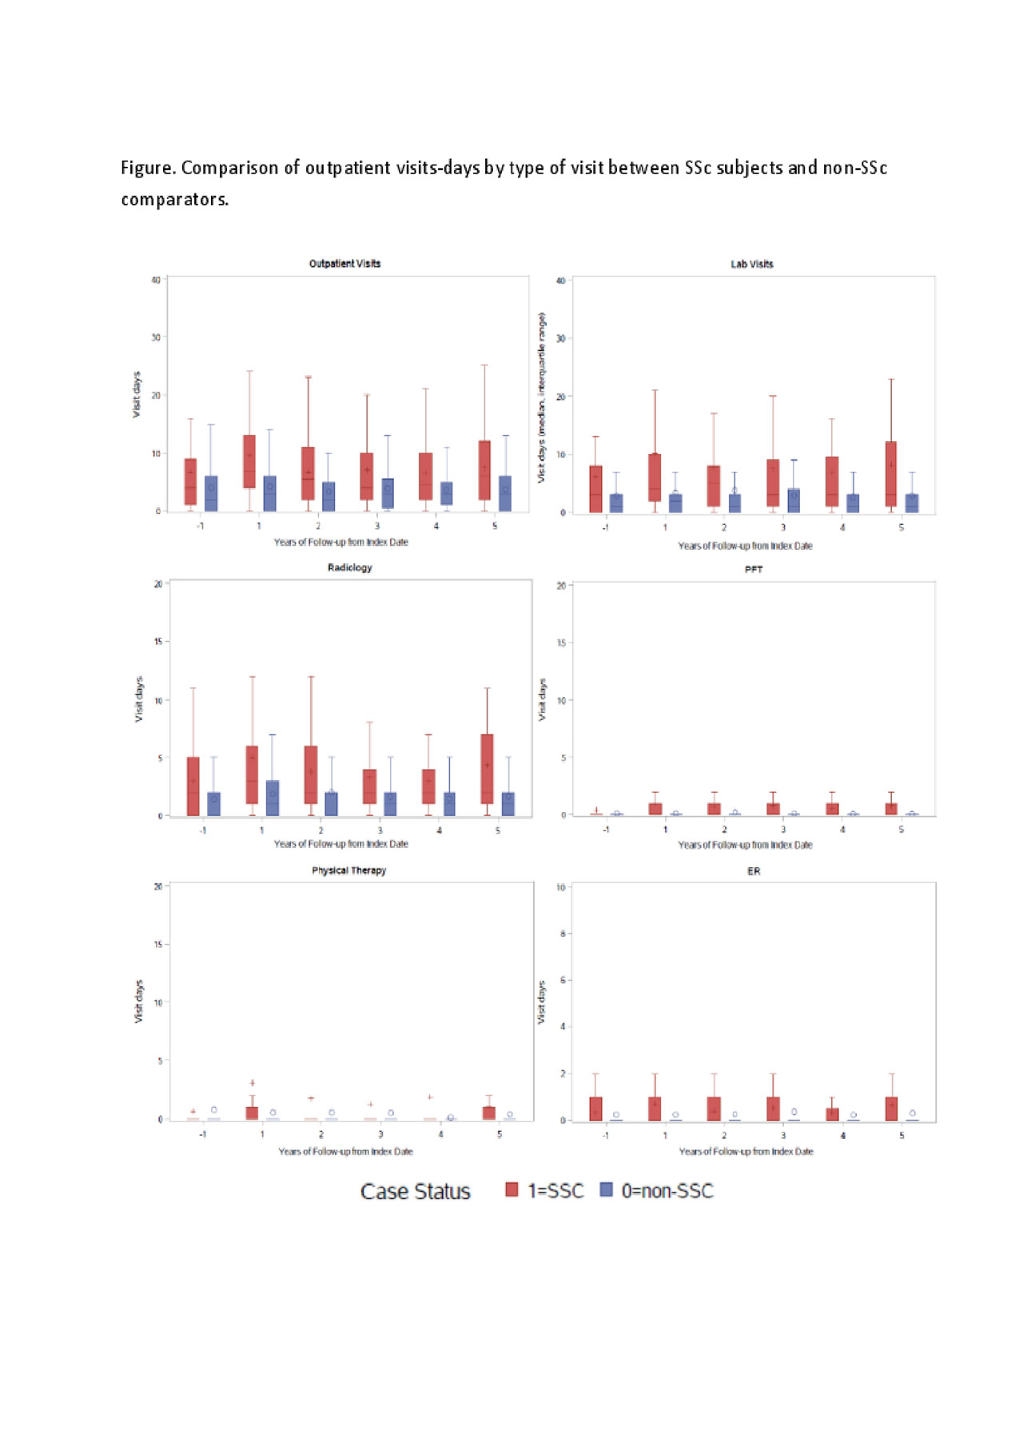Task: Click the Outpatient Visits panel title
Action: click(344, 264)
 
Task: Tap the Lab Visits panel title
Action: click(751, 264)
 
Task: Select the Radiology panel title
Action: click(349, 567)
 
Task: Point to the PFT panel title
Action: click(753, 570)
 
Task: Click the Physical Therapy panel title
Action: click(348, 870)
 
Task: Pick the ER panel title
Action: click(753, 871)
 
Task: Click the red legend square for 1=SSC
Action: click(511, 1190)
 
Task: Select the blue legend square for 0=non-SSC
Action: click(606, 1190)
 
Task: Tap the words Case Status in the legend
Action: click(415, 1192)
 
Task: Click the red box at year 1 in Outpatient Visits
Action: click(249, 461)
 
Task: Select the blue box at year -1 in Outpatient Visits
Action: click(211, 493)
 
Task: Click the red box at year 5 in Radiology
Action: click(487, 769)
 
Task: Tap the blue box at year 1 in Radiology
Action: click(273, 798)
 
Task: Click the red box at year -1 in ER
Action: click(595, 1109)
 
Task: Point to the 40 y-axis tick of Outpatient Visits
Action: click(156, 280)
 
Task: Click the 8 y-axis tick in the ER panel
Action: click(563, 933)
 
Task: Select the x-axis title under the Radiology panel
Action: click(340, 844)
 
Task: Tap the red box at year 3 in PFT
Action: click(773, 809)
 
